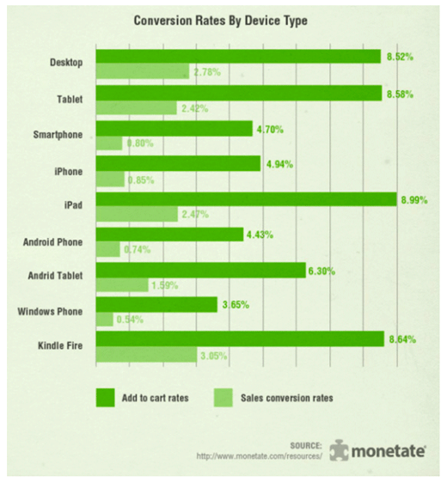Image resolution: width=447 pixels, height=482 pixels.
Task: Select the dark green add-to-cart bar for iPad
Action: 246,198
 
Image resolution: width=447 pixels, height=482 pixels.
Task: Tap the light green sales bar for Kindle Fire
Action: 146,354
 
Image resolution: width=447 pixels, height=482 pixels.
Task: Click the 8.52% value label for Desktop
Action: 401,57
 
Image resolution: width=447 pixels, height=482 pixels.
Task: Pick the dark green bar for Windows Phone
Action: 156,304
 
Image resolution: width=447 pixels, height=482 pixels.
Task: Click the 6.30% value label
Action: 320,271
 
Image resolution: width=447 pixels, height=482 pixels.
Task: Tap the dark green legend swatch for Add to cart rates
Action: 105,397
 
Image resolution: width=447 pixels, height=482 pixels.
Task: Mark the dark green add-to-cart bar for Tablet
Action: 239,93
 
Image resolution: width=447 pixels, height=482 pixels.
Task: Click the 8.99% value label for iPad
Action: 413,199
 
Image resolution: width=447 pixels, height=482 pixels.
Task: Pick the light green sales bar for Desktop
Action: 142,72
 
